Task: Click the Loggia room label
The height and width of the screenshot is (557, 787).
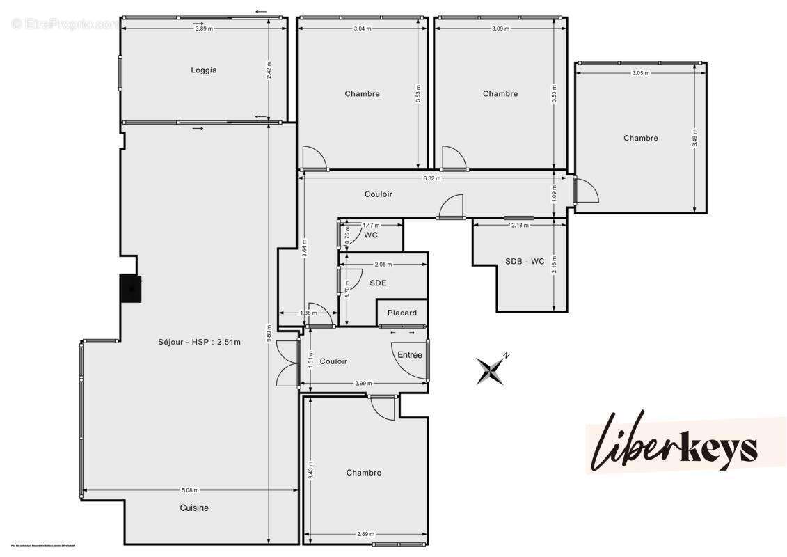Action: pyautogui.click(x=204, y=70)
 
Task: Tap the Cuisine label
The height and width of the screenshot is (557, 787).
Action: pyautogui.click(x=194, y=508)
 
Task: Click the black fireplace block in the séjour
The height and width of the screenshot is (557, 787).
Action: pyautogui.click(x=131, y=288)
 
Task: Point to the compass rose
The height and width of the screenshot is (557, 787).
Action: pyautogui.click(x=491, y=368)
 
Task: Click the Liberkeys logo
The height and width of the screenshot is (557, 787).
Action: pyautogui.click(x=674, y=443)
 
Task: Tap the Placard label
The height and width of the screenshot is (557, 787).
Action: pyautogui.click(x=402, y=313)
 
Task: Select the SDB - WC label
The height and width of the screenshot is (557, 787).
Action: pyautogui.click(x=525, y=262)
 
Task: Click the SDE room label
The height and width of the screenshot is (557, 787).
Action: pyautogui.click(x=378, y=283)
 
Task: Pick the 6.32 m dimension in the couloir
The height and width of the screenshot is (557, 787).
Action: pyautogui.click(x=431, y=178)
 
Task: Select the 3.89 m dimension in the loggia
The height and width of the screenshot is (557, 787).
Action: pyautogui.click(x=204, y=29)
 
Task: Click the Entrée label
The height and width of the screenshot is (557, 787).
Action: pyautogui.click(x=410, y=355)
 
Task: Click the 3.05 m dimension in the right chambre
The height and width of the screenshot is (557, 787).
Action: pyautogui.click(x=641, y=72)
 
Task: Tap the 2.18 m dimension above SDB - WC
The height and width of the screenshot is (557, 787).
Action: pyautogui.click(x=519, y=225)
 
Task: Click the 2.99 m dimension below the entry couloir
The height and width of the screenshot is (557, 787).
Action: pyautogui.click(x=362, y=384)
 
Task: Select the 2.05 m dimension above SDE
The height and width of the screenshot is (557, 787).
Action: pyautogui.click(x=383, y=265)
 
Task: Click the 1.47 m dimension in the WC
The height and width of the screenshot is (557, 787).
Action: pyautogui.click(x=372, y=226)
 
